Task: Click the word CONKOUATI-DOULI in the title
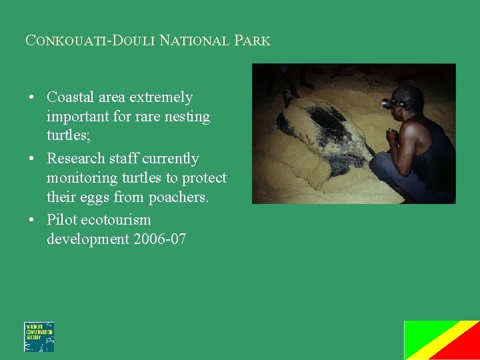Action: point(91,41)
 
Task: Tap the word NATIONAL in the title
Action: point(195,41)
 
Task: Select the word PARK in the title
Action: point(252,41)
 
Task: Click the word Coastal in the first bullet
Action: point(71,97)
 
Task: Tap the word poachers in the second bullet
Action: point(173,197)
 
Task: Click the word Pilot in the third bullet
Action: point(61,219)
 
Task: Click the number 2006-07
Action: point(160,239)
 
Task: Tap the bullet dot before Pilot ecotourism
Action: point(31,220)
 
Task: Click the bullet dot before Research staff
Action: point(31,159)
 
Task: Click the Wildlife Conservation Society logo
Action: point(39,337)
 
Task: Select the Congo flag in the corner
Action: point(441,340)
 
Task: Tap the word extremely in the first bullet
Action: point(161,97)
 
